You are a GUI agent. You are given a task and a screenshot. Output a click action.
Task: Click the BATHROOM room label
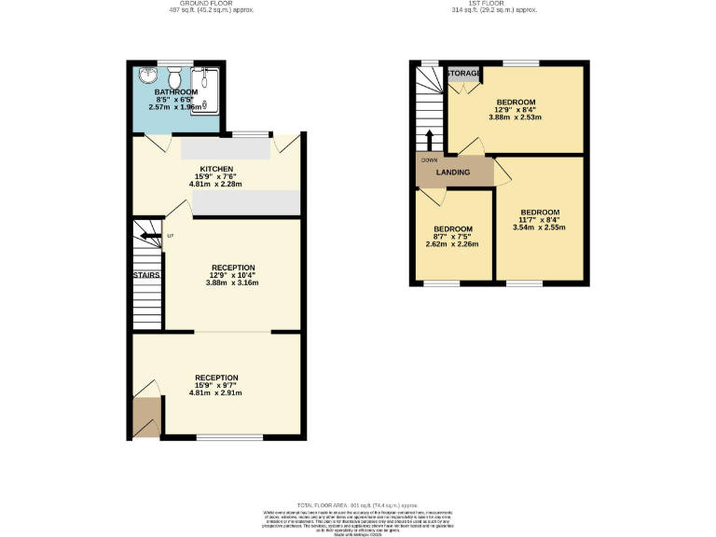175,92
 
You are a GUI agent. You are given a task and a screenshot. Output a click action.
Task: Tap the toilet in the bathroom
173,76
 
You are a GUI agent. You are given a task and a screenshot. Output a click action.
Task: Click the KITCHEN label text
215,169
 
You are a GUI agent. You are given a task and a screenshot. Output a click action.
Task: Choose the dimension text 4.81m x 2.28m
215,184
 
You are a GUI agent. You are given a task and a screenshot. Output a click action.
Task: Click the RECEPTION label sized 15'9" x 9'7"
215,378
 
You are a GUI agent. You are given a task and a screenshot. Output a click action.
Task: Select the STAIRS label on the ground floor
145,276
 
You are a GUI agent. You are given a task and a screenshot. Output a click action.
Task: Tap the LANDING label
454,172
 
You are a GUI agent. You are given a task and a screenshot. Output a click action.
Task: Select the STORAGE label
463,73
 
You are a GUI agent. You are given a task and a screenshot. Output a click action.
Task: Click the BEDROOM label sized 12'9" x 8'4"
515,102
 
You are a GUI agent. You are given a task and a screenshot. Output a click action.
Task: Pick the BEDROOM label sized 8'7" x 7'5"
452,229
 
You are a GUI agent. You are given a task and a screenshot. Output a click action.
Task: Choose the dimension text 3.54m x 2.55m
540,227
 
